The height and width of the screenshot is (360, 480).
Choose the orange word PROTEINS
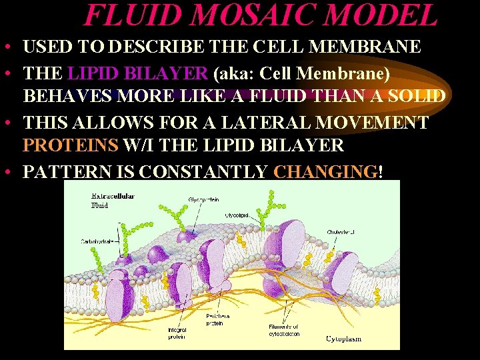[69, 146]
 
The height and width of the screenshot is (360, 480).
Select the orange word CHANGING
[325, 171]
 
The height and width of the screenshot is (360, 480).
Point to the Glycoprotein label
[204, 199]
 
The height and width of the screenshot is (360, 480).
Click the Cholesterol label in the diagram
[340, 232]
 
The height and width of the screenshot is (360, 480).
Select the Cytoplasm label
[344, 339]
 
